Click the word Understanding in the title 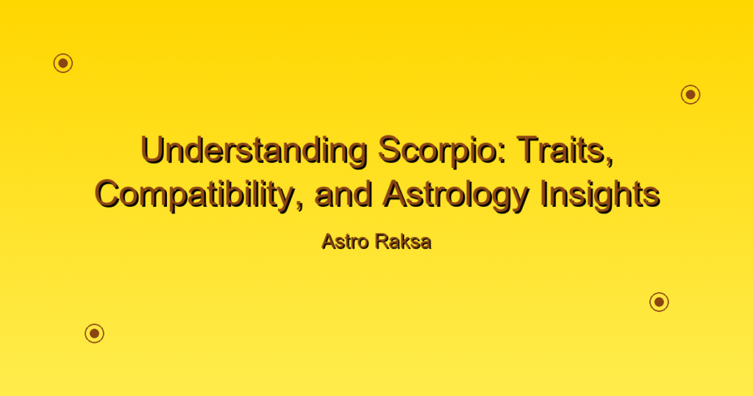(254, 151)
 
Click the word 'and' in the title (344, 195)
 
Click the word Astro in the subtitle (342, 241)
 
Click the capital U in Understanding (153, 151)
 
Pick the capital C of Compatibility (108, 195)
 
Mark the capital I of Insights (543, 195)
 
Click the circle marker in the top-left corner (63, 63)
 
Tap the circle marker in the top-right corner (690, 95)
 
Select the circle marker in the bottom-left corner (95, 333)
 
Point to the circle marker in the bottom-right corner (660, 302)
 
